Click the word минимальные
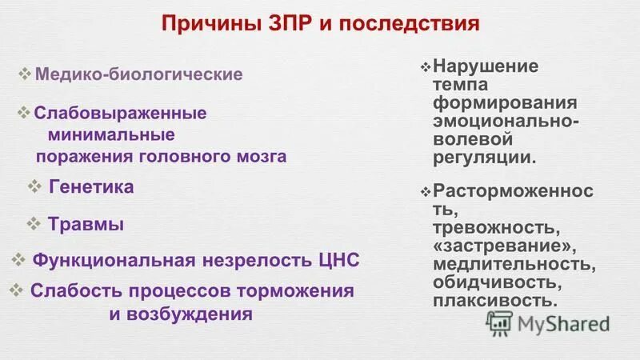(x=111, y=134)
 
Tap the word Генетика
(x=91, y=187)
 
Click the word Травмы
(x=86, y=225)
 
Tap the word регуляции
(x=484, y=156)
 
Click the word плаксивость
(x=494, y=301)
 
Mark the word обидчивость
(x=494, y=282)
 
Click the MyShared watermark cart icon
(x=500, y=323)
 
